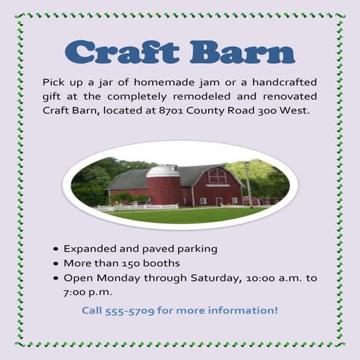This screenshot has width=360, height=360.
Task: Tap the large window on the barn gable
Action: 217,175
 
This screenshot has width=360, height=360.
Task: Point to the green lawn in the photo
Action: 182,215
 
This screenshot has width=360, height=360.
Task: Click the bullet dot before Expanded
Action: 56,249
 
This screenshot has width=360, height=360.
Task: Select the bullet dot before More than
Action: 56,263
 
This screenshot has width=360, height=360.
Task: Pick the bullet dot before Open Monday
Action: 56,279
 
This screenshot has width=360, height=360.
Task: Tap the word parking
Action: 197,249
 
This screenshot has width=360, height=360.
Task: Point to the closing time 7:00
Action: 76,292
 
